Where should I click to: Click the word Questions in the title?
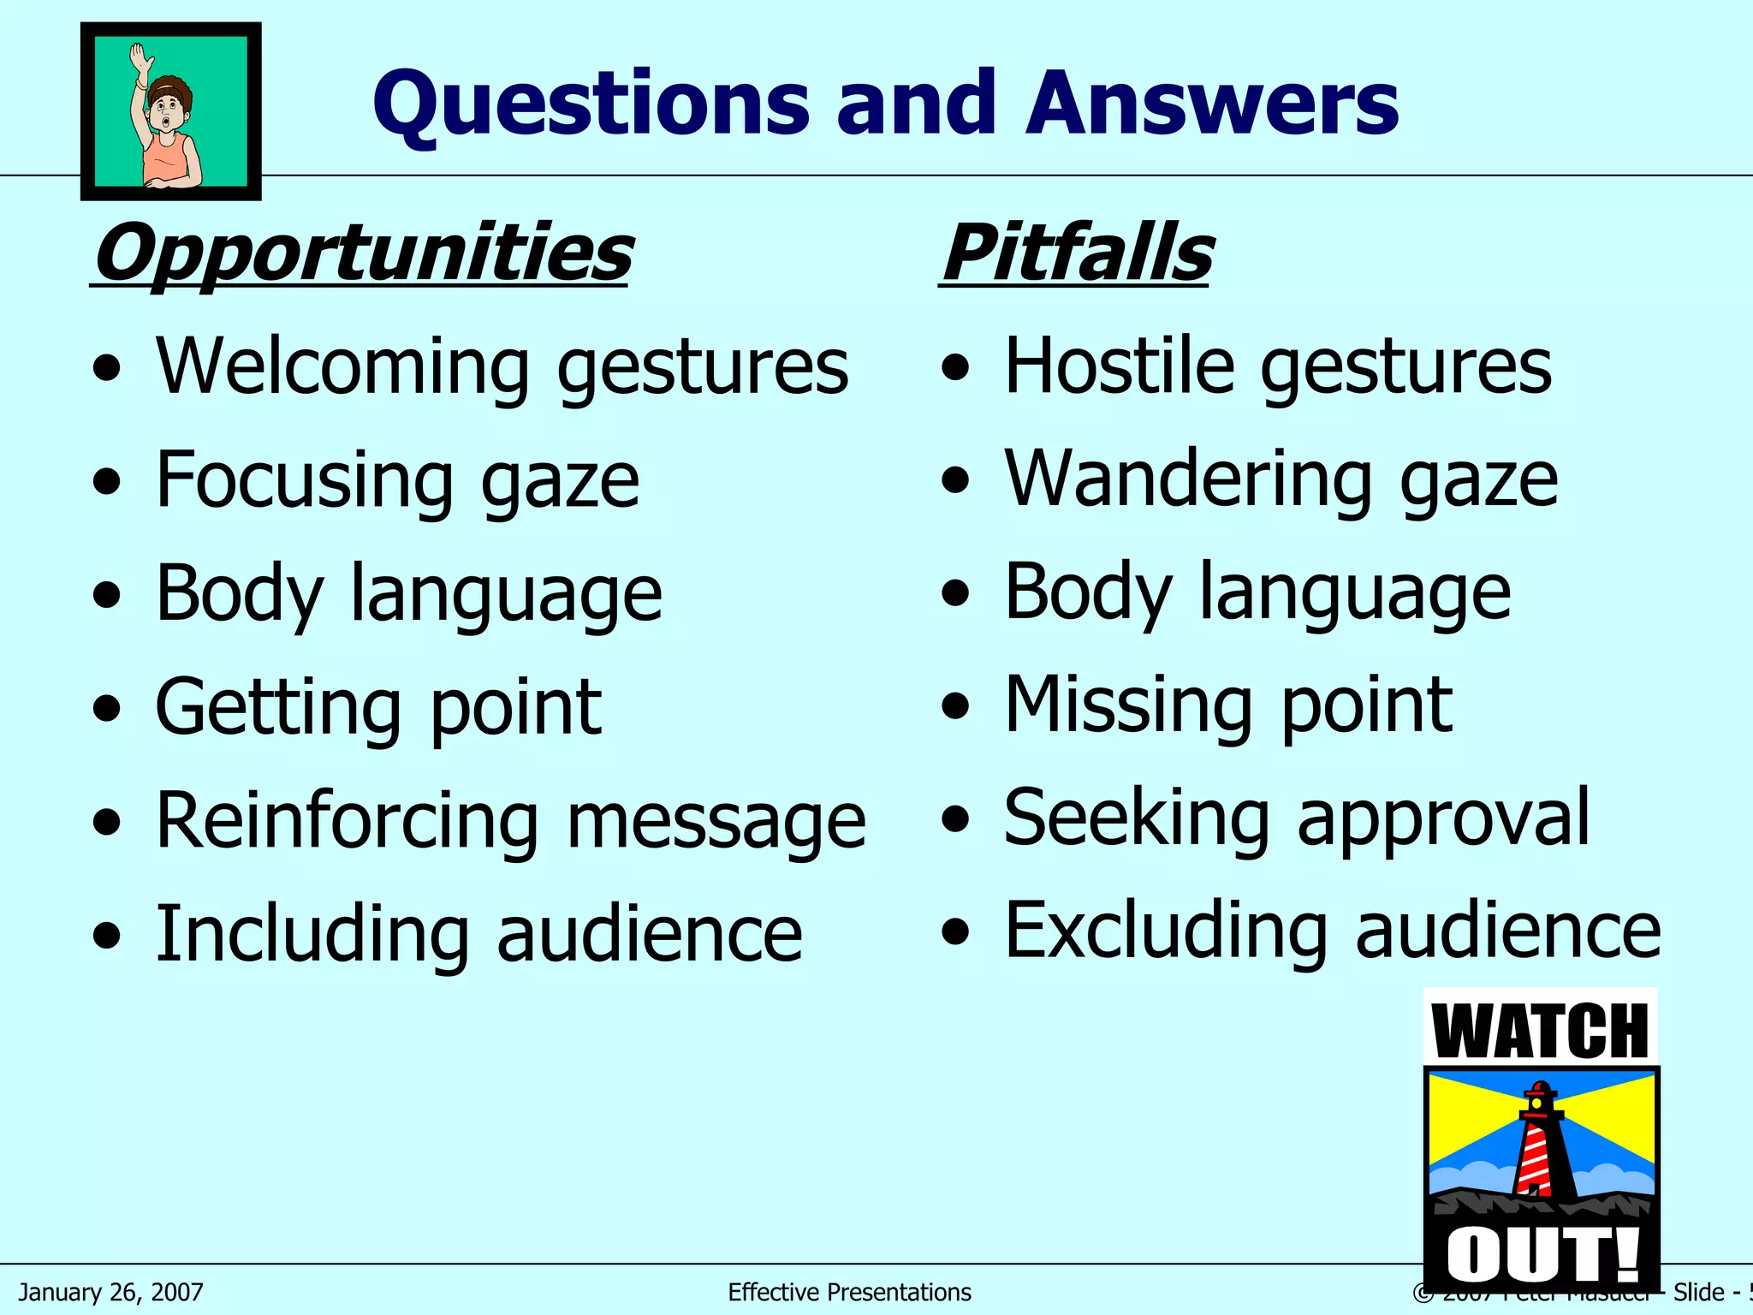(x=591, y=104)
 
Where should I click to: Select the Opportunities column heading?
(x=363, y=253)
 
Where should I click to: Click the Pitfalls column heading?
(x=1077, y=253)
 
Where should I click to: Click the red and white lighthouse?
(x=1542, y=1143)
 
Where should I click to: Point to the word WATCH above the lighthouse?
(x=1541, y=1032)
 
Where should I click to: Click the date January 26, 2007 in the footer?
(x=111, y=1292)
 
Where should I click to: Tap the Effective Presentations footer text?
(x=849, y=1292)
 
